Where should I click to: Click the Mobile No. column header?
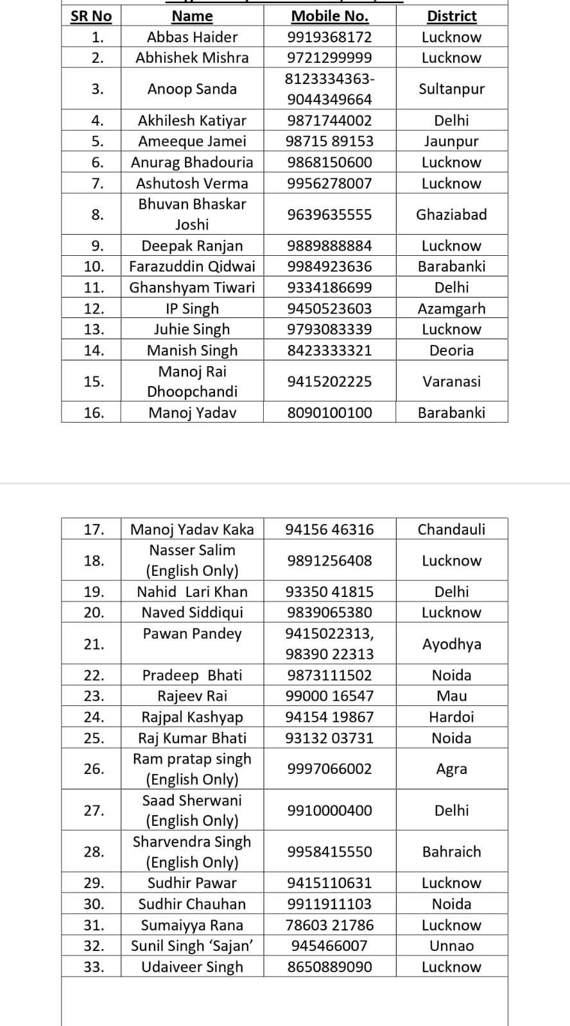click(x=329, y=16)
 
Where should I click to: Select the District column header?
click(x=451, y=16)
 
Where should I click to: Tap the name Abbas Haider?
click(x=192, y=37)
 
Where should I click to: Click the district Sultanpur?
click(x=451, y=89)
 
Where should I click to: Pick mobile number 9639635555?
click(x=329, y=215)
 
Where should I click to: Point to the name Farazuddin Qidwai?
click(x=192, y=267)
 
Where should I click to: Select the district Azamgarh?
click(x=451, y=308)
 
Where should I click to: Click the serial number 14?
click(x=94, y=350)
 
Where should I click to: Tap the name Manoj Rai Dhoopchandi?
click(x=192, y=382)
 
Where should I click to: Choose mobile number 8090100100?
click(x=329, y=413)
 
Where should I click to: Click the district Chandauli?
click(x=451, y=530)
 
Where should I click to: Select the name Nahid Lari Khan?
click(x=192, y=592)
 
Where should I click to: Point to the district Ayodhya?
click(x=451, y=644)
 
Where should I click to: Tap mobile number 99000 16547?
click(x=329, y=696)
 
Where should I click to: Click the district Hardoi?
click(x=451, y=717)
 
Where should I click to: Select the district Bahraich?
click(x=451, y=852)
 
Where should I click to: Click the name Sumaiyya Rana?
click(x=192, y=925)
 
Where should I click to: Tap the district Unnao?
click(x=451, y=946)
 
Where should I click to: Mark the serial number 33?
click(x=94, y=967)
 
